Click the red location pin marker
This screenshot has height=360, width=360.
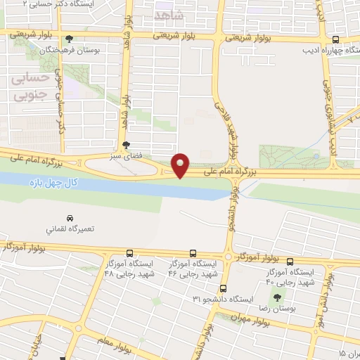(181, 165)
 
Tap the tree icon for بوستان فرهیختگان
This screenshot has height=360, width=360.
(69, 40)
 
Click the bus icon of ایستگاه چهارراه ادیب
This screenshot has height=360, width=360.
(335, 40)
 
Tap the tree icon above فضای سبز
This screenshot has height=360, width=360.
(125, 144)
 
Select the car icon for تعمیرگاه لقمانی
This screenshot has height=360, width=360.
(70, 219)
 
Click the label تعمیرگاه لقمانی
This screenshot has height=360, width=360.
(70, 229)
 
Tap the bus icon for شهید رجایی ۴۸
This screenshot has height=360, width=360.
(129, 253)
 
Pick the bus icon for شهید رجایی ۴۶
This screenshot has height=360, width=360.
(193, 253)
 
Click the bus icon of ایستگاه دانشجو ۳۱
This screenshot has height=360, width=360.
(223, 288)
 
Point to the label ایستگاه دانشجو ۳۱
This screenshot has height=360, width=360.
(223, 299)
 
